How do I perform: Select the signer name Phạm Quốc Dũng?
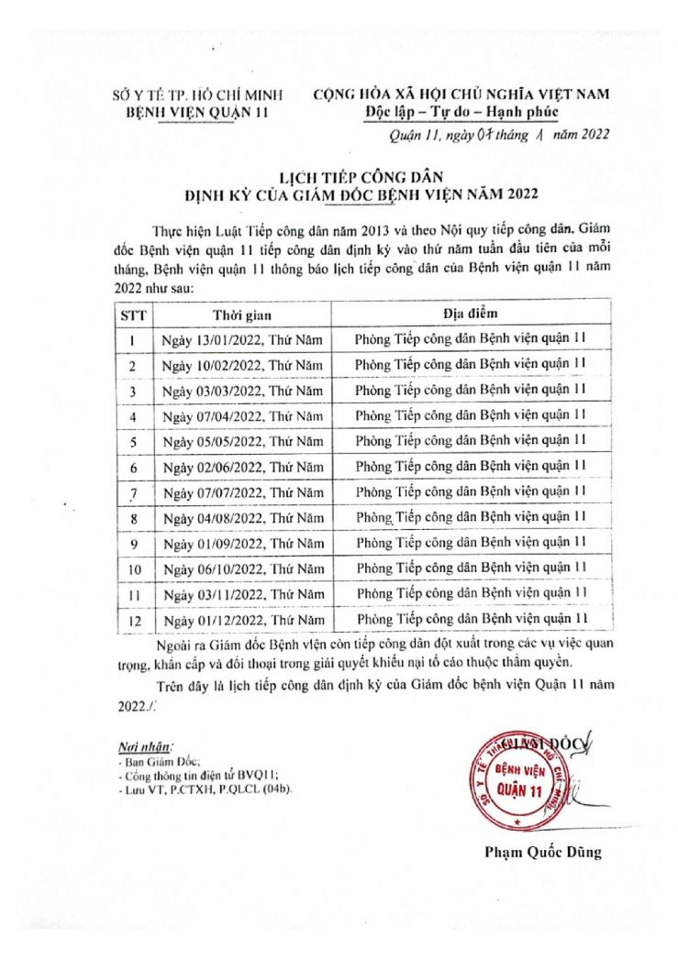pos(543,852)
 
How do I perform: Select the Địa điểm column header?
pos(470,314)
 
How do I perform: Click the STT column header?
pos(133,314)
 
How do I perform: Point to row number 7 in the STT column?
pos(133,493)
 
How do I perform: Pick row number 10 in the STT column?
pos(133,569)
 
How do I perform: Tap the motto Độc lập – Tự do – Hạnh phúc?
pos(460,113)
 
